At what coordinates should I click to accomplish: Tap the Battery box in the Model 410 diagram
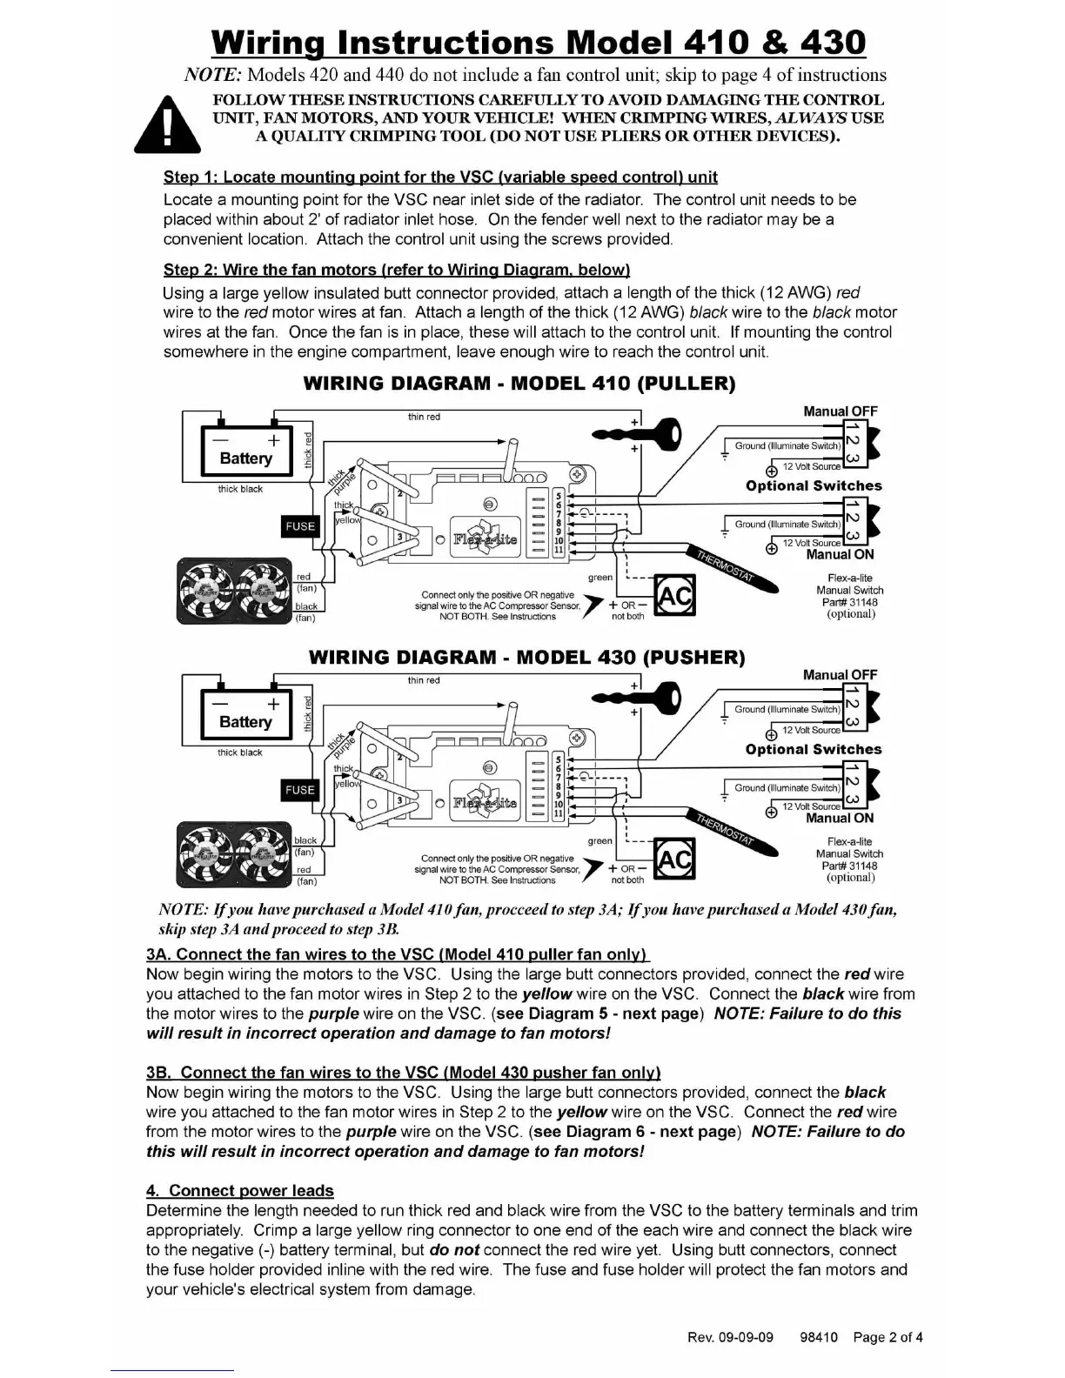point(245,451)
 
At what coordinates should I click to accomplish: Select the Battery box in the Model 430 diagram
point(245,714)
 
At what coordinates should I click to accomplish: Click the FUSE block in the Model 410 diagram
point(300,526)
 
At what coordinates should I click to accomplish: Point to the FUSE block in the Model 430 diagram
point(300,790)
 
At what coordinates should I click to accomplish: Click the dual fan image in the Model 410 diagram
point(234,590)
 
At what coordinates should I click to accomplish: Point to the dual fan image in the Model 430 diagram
point(234,853)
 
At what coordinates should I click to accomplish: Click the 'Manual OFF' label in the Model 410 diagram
point(840,411)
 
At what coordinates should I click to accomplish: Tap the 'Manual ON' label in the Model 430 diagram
point(840,818)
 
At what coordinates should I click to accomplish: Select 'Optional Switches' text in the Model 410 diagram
point(814,485)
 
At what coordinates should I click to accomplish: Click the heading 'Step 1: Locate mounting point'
point(440,177)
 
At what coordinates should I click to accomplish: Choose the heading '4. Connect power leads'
point(240,1190)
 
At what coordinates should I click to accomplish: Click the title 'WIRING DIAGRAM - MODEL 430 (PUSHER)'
point(526,657)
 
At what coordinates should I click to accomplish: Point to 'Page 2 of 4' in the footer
point(887,1337)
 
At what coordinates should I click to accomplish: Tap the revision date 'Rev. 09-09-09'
point(730,1337)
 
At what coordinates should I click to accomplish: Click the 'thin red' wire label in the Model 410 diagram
point(424,417)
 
